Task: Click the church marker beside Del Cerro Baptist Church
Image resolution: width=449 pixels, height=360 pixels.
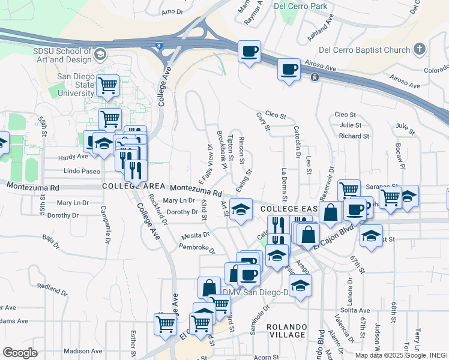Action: (420, 49)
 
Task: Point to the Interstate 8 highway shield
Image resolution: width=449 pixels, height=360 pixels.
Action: (158, 44)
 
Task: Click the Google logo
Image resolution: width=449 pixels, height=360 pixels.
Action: (20, 353)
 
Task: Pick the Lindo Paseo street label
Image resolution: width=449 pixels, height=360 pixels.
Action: (82, 172)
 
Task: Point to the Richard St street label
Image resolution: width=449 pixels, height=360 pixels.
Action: (349, 136)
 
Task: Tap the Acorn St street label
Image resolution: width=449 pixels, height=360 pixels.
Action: (266, 357)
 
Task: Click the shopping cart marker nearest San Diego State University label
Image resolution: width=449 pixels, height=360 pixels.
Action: (107, 86)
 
